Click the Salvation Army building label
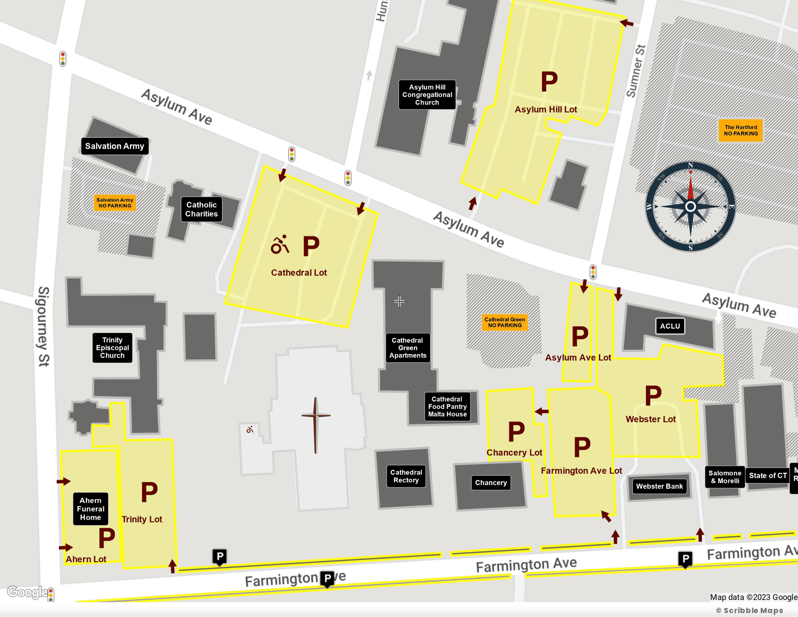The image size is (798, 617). tap(114, 146)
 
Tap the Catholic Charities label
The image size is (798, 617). tap(201, 209)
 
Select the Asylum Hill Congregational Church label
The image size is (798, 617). tap(427, 95)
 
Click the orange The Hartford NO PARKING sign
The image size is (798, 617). tap(741, 131)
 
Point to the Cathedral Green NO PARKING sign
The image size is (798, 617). tap(505, 322)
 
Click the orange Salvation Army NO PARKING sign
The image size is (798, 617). tap(115, 203)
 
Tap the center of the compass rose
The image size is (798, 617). tap(690, 207)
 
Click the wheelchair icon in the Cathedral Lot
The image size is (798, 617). tap(280, 245)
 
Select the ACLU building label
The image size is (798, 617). tap(670, 326)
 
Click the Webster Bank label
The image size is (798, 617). tap(659, 486)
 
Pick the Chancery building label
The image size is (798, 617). tap(491, 482)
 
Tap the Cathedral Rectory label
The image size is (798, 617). tap(406, 476)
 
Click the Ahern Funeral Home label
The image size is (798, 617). tap(90, 509)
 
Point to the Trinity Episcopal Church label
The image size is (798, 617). tap(112, 348)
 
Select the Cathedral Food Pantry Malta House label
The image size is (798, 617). tap(447, 407)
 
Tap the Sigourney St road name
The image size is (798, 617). tap(44, 326)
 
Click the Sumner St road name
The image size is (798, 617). tap(636, 71)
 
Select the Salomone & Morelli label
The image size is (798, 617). tap(725, 477)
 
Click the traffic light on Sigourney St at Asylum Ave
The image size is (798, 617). tap(63, 59)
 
